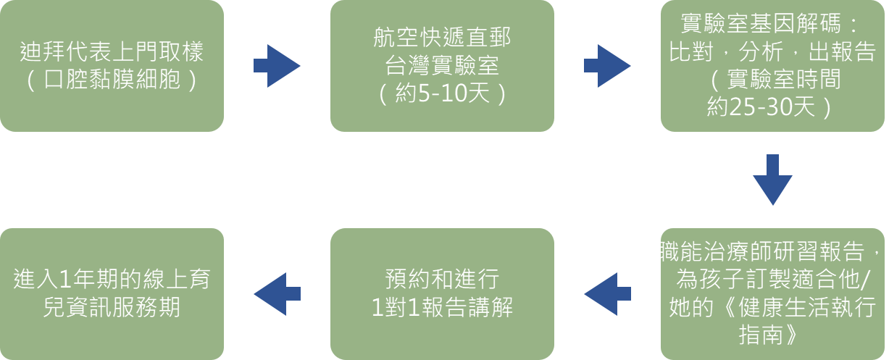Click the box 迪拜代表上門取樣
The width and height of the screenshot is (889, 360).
[112, 65]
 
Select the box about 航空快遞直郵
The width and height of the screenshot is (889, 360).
[442, 65]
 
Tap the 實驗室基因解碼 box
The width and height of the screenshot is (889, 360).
[773, 65]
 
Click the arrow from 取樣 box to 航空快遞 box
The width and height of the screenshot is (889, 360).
[276, 66]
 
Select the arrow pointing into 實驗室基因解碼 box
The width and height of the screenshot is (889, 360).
[607, 66]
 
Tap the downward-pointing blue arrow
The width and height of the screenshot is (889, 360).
[773, 180]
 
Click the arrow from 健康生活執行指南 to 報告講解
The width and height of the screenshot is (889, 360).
[607, 294]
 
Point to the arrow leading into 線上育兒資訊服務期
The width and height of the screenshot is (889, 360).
[276, 294]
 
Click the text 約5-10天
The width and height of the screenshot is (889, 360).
[442, 95]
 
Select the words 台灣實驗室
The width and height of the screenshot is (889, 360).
[442, 67]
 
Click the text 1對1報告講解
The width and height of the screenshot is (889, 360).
[442, 308]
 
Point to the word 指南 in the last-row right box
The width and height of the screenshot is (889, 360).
[772, 335]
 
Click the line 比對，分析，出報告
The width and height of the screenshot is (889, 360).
[773, 52]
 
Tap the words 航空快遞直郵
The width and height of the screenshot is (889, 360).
[442, 38]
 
